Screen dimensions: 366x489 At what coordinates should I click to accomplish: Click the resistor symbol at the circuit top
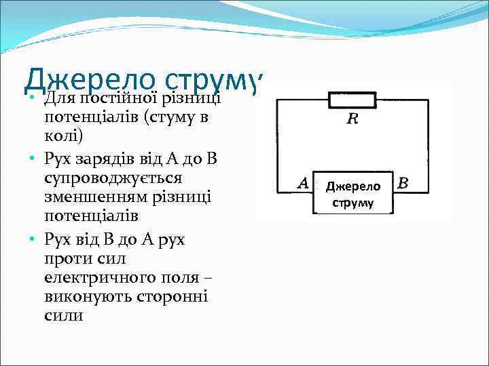pyautogui.click(x=352, y=101)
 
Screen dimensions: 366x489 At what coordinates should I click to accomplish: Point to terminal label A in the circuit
pyautogui.click(x=303, y=183)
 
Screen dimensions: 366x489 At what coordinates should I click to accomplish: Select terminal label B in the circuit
pyautogui.click(x=403, y=183)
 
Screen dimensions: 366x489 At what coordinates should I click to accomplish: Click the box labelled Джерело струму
pyautogui.click(x=352, y=194)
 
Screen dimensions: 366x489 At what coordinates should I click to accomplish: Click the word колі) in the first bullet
pyautogui.click(x=63, y=138)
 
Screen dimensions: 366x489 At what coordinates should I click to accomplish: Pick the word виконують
pyautogui.click(x=81, y=297)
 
